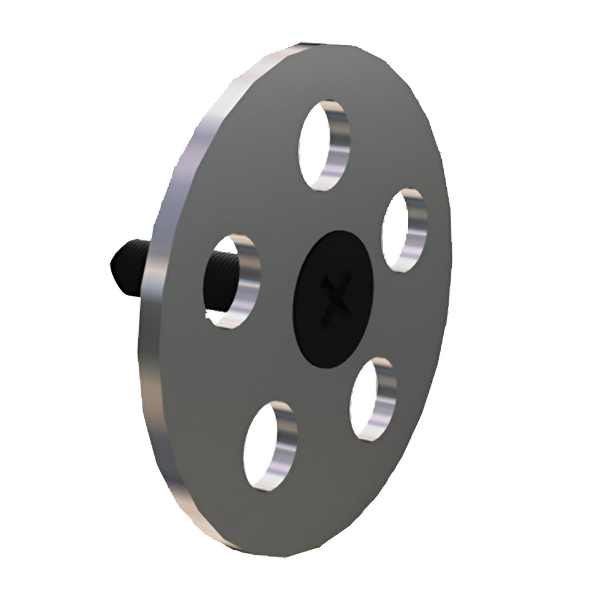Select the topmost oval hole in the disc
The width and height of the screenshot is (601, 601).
(323, 145)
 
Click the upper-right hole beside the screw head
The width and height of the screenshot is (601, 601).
(403, 230)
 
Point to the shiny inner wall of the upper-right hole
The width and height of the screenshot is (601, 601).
(416, 230)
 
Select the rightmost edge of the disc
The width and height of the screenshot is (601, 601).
(450, 250)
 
